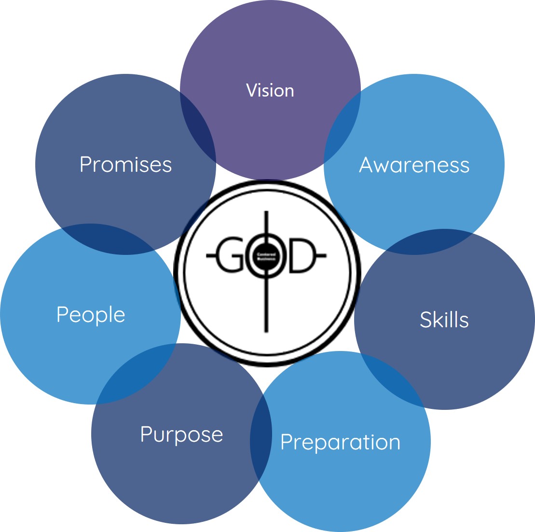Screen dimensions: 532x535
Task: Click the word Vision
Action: [270, 91]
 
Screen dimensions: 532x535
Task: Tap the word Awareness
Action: [414, 165]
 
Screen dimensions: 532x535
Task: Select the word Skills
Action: [444, 320]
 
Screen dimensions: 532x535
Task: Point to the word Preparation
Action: [341, 442]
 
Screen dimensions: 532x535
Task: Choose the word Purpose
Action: [181, 434]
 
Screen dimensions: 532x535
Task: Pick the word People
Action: [91, 315]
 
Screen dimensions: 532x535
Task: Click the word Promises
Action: [126, 165]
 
